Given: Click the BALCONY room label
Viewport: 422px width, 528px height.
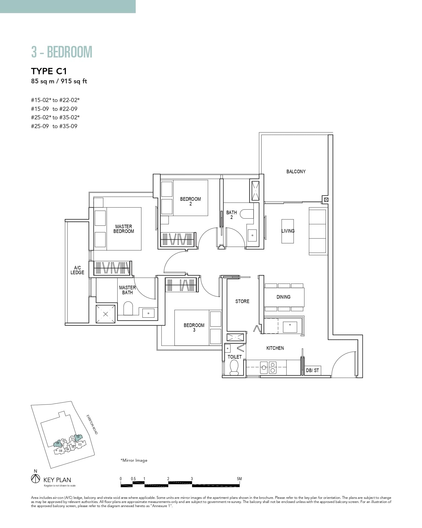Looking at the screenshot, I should point(296,172).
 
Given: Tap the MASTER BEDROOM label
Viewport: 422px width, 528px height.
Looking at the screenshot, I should point(124,229).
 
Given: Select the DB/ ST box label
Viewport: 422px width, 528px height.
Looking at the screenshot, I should point(312,370).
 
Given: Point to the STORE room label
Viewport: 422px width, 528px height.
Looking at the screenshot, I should point(242,301).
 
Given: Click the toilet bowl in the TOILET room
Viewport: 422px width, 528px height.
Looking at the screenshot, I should point(234,368).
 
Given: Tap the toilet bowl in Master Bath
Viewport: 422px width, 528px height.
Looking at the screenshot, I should point(128,309).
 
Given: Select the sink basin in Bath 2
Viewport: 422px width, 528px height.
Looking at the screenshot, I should point(252,235).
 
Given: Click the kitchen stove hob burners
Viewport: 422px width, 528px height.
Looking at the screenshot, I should point(268,367).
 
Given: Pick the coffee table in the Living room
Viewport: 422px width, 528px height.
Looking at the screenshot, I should point(288,231).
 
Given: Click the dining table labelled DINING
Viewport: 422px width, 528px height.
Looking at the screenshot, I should point(284,297).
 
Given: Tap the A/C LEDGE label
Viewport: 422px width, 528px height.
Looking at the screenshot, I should point(77,270).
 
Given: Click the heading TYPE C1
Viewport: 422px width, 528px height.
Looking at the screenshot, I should point(49,71).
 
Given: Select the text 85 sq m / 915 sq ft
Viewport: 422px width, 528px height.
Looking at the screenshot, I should point(59,81).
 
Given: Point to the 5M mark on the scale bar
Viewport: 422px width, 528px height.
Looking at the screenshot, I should point(239,479).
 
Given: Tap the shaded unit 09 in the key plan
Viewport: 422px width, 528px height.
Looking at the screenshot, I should point(57,443).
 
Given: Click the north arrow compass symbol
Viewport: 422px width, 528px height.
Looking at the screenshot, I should point(35,479).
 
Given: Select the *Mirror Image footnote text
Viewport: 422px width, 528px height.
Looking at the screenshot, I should point(134,460).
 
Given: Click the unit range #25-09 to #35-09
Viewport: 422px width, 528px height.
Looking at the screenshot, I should point(54,126).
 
